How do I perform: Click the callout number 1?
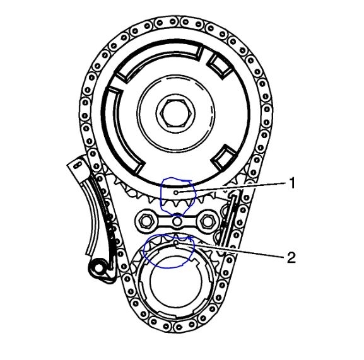click(x=292, y=183)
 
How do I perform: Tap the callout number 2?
click(x=291, y=257)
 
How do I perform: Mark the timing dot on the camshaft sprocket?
click(x=176, y=192)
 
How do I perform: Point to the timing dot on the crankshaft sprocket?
click(x=176, y=243)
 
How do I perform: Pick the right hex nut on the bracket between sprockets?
click(x=206, y=221)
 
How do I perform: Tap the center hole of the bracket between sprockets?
click(x=177, y=221)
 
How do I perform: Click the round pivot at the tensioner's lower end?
click(x=98, y=269)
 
